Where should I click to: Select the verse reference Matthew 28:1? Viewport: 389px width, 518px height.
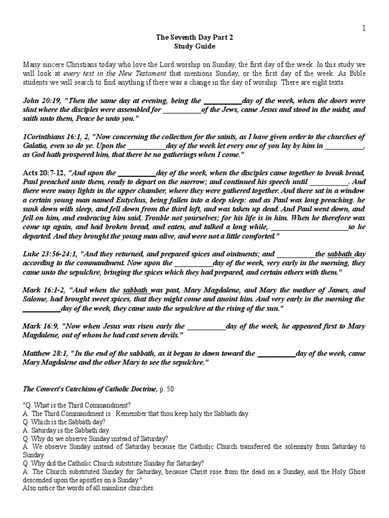coord(47,354)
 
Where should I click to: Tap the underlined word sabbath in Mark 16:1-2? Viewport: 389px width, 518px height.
coord(135,290)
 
